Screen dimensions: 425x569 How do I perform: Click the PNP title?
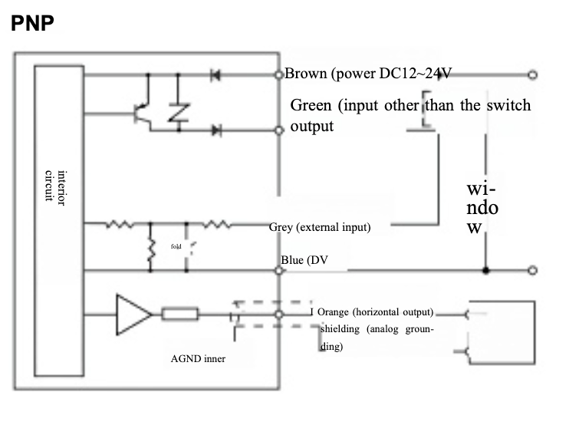(32, 22)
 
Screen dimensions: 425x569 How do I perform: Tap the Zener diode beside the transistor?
(178, 113)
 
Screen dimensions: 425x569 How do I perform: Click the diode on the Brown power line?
(215, 74)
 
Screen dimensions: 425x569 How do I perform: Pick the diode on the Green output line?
(215, 130)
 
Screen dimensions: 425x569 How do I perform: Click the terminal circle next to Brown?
(279, 74)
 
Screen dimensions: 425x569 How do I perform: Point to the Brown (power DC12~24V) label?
(368, 74)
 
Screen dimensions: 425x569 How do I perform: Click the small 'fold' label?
(175, 246)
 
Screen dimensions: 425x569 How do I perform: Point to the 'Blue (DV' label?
(304, 260)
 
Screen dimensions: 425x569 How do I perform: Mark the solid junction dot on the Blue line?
(485, 270)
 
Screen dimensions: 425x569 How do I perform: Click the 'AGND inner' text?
(198, 358)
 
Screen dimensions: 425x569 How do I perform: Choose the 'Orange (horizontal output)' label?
(376, 312)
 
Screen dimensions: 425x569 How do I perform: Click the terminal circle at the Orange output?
(279, 314)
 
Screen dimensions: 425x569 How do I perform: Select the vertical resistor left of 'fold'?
(151, 254)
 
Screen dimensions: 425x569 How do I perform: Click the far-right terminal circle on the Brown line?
(531, 74)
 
